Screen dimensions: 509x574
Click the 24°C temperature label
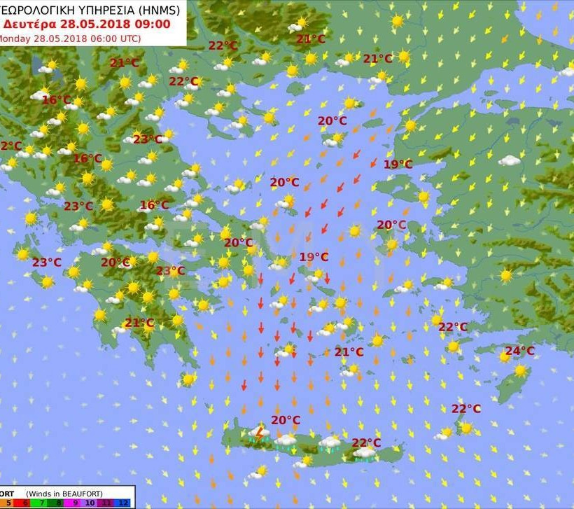click(x=519, y=351)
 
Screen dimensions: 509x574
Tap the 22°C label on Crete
click(x=366, y=442)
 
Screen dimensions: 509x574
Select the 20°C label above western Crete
click(x=286, y=420)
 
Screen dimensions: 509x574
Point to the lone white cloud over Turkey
click(x=510, y=161)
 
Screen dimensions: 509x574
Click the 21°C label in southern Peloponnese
click(x=139, y=323)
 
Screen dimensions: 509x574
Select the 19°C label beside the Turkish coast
click(x=398, y=165)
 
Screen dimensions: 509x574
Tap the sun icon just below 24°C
click(x=520, y=370)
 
